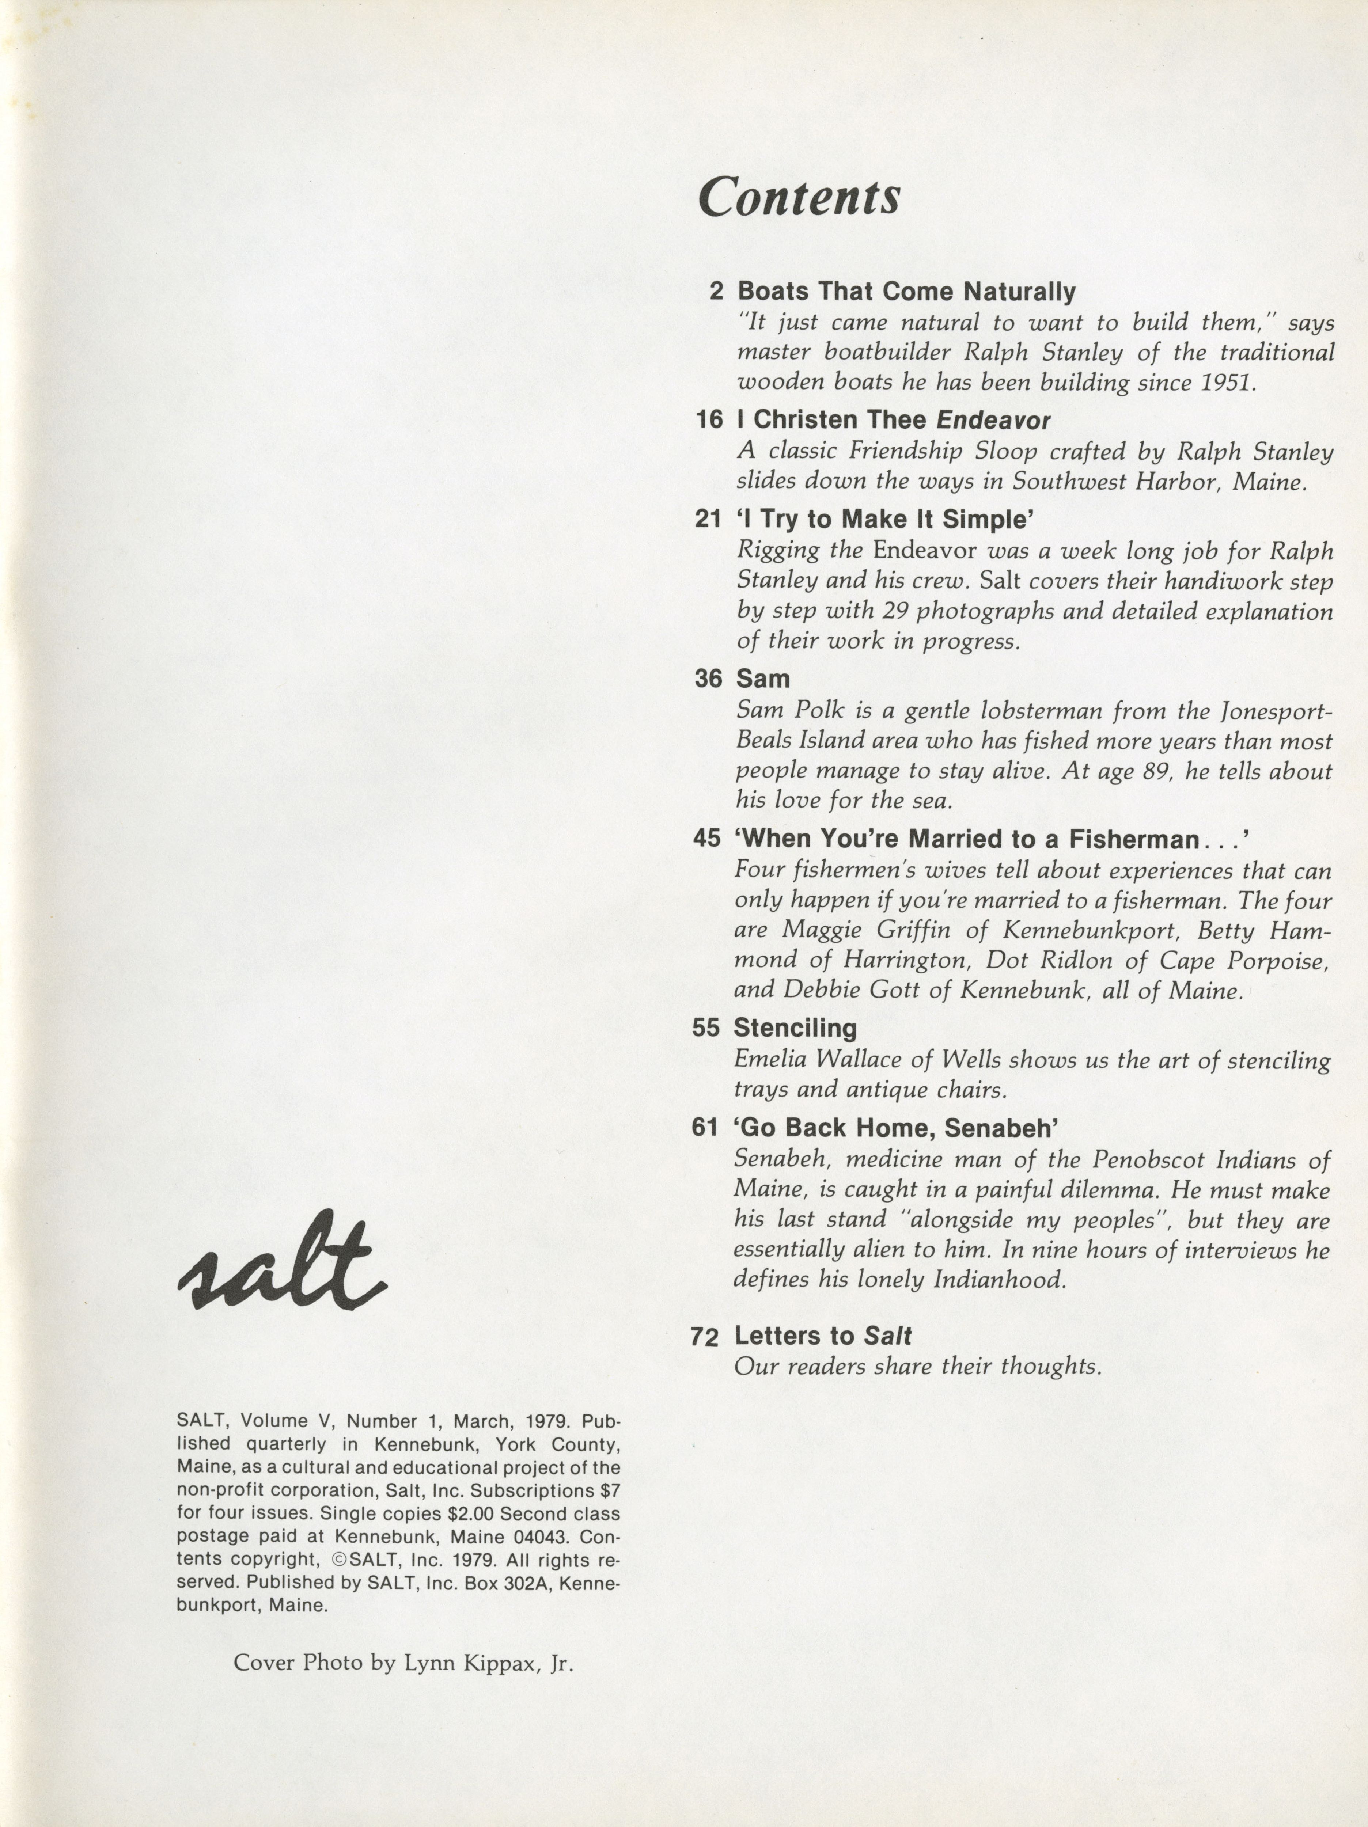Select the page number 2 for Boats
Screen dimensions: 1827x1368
[716, 292]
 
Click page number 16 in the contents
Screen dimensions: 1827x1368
[709, 421]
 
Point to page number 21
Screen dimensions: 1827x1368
[708, 520]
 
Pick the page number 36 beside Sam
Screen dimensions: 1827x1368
[708, 679]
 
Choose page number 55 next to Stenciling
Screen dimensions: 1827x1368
[706, 1028]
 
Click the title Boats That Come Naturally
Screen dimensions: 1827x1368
[906, 292]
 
